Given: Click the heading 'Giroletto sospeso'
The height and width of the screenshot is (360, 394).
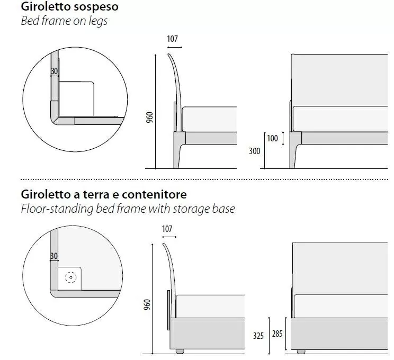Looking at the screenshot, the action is pyautogui.click(x=69, y=7).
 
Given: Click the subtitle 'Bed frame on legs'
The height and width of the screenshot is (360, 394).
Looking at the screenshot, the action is pyautogui.click(x=64, y=21).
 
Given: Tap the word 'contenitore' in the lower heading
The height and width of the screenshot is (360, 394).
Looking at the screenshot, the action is pyautogui.click(x=154, y=194).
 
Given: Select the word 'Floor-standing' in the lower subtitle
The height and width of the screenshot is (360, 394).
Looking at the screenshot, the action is pyautogui.click(x=57, y=209).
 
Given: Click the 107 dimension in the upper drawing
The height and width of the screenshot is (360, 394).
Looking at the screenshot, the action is pyautogui.click(x=173, y=39).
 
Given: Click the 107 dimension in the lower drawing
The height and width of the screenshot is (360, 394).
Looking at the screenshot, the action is pyautogui.click(x=167, y=229).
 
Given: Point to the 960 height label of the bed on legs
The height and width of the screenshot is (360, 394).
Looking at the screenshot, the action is pyautogui.click(x=149, y=118).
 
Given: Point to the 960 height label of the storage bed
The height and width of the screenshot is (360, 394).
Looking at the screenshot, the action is pyautogui.click(x=147, y=304).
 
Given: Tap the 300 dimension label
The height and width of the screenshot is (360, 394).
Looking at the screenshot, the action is pyautogui.click(x=255, y=151).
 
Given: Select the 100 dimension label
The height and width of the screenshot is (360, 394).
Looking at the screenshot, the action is pyautogui.click(x=272, y=138).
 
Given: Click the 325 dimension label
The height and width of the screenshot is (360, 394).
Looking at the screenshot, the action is pyautogui.click(x=258, y=336).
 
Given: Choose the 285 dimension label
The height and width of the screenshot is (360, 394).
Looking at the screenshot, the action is pyautogui.click(x=277, y=334).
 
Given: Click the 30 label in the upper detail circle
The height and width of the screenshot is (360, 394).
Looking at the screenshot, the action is pyautogui.click(x=54, y=71).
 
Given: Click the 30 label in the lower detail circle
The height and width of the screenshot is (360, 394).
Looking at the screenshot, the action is pyautogui.click(x=54, y=256).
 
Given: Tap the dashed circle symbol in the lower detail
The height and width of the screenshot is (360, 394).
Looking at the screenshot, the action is pyautogui.click(x=70, y=277).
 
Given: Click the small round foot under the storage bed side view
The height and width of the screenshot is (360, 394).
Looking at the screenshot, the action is pyautogui.click(x=180, y=351).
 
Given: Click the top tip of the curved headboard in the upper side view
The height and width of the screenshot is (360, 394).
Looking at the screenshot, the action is pyautogui.click(x=169, y=54).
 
